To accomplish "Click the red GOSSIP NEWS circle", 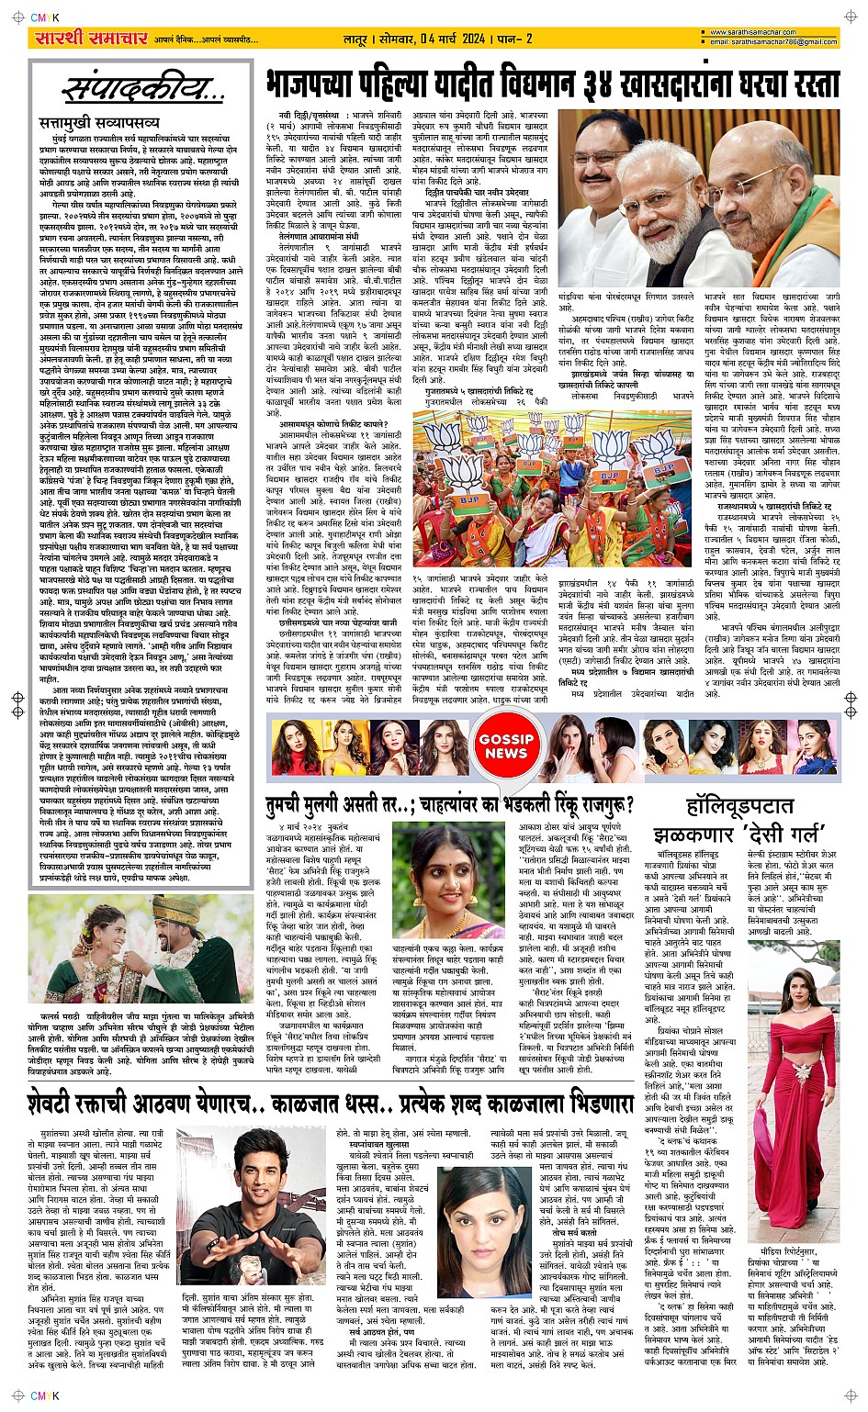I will click(x=506, y=746).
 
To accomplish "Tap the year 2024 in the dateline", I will click(x=475, y=39).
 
